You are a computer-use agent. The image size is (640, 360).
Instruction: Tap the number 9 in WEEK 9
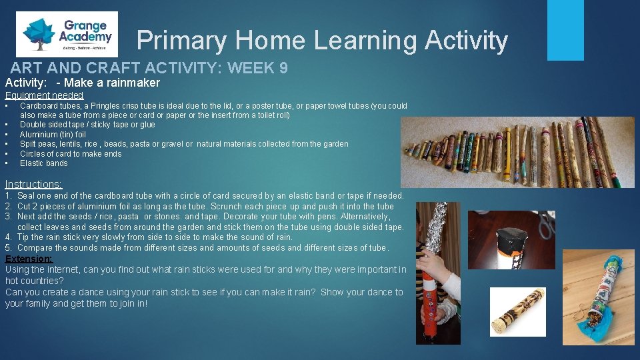[x=283, y=67]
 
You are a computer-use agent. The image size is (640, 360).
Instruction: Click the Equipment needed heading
[x=44, y=95]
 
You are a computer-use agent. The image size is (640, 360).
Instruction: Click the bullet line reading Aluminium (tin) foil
[x=53, y=134]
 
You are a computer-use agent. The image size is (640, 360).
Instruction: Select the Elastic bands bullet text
[x=43, y=163]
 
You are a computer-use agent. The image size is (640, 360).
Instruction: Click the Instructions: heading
[x=33, y=184]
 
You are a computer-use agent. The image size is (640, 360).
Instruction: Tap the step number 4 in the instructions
[x=8, y=237]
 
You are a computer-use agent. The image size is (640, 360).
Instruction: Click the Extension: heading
[x=28, y=259]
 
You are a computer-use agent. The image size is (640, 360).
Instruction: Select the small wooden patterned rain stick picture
[x=517, y=312]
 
